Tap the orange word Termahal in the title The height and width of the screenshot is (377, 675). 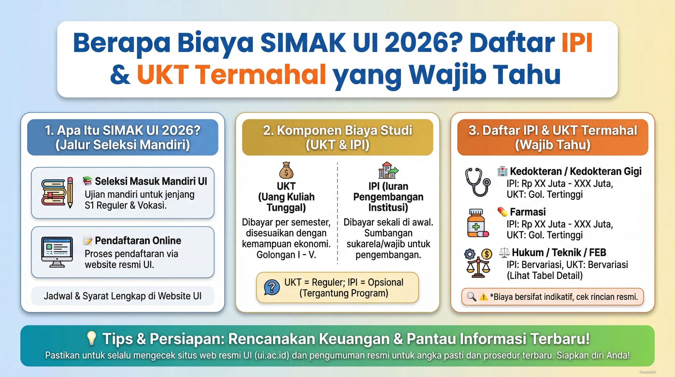point(232,74)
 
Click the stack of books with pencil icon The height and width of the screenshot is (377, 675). point(57,192)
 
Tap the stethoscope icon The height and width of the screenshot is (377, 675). point(477,182)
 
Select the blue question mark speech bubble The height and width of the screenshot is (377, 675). point(272,287)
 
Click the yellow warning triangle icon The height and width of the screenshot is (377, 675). point(484,297)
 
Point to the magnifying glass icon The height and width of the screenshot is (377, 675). point(471,297)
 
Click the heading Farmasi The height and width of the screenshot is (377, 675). point(528,212)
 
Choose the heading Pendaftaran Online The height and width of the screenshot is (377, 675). point(138,241)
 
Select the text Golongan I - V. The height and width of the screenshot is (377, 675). point(286,255)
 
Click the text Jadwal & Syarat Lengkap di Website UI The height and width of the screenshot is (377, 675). point(123,296)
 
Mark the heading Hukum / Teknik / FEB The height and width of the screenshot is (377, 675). point(559,252)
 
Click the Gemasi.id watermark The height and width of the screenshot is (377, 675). point(647,372)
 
